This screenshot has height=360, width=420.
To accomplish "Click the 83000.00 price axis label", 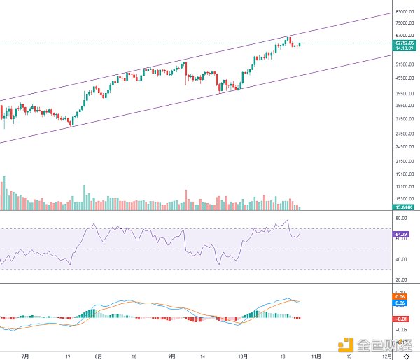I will tap(402, 13).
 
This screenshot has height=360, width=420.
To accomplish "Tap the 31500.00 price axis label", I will tap(402, 118).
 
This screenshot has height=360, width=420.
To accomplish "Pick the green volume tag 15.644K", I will tap(402, 207).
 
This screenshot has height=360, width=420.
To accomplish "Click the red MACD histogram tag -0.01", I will tap(401, 318).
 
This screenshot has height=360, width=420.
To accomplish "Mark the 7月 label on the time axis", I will tap(25, 355).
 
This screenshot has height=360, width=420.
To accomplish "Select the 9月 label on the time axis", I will tap(172, 355).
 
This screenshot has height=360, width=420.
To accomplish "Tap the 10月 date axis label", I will tap(243, 355).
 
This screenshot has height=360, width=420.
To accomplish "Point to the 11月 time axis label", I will tap(317, 355).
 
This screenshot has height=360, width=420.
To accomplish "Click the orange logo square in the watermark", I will tap(346, 344).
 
